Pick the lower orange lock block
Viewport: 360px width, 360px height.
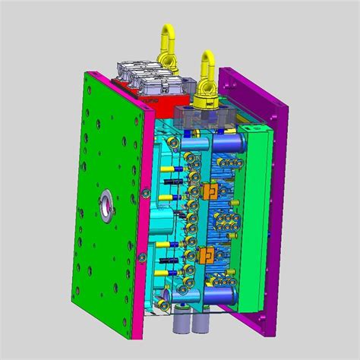(206, 255)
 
